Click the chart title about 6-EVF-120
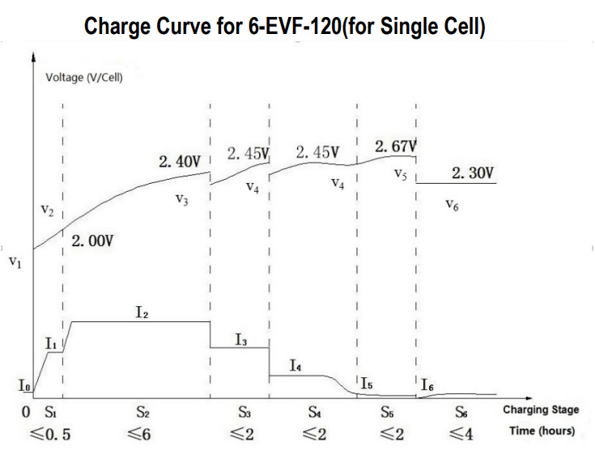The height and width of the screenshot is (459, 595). click(x=285, y=27)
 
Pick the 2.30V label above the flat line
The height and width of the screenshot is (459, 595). click(x=473, y=173)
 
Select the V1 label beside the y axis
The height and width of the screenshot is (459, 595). click(x=15, y=262)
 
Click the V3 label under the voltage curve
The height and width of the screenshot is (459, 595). click(x=181, y=200)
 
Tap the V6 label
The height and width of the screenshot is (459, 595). click(x=453, y=206)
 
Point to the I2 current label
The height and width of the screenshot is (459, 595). click(x=142, y=310)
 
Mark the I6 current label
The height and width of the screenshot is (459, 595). click(x=427, y=385)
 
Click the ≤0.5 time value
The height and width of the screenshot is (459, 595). click(x=51, y=434)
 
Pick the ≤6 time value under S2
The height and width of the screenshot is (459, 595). click(x=139, y=434)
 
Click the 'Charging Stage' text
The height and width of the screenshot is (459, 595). click(x=541, y=410)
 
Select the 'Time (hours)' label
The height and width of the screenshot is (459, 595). click(x=542, y=431)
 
